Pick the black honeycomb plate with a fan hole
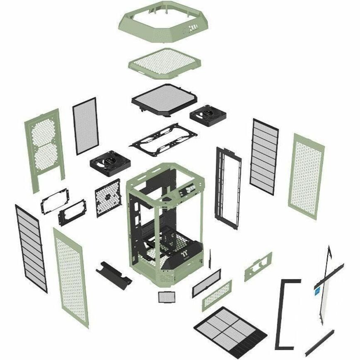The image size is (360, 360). click(x=107, y=198)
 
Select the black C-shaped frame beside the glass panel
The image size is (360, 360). click(x=286, y=309)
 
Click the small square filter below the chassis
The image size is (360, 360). click(x=165, y=296)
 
